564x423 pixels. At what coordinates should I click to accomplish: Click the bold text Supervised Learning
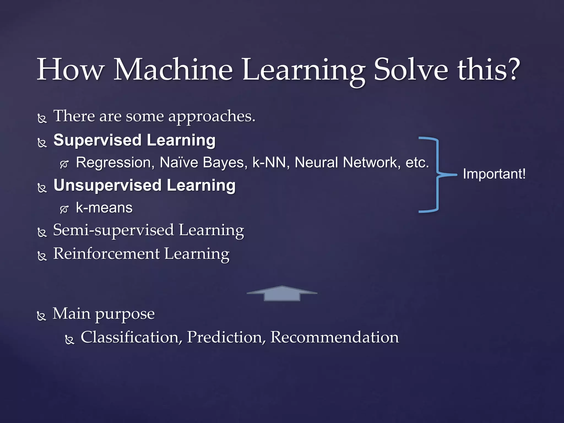(134, 140)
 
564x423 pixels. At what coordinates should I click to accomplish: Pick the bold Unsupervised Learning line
(144, 185)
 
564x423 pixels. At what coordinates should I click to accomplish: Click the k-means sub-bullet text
(104, 208)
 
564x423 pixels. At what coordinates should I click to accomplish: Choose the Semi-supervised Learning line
(148, 230)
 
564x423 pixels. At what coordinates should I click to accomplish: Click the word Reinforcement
(106, 254)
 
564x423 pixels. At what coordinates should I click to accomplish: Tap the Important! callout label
(494, 174)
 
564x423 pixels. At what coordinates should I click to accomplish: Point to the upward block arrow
(282, 294)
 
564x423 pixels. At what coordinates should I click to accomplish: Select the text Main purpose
(104, 314)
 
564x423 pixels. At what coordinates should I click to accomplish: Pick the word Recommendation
(334, 337)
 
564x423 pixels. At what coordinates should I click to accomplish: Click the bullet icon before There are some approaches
(42, 119)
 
